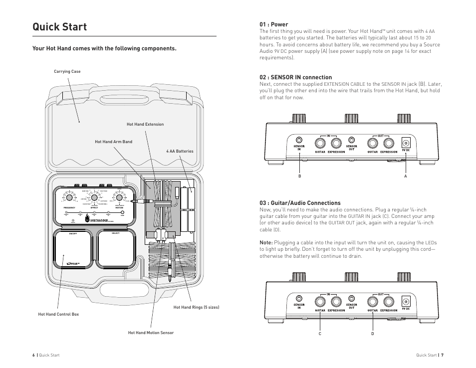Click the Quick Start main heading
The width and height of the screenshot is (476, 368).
pos(59,27)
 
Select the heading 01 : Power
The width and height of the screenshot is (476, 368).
pos(273,24)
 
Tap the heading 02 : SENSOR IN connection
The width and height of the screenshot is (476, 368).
pos(295,77)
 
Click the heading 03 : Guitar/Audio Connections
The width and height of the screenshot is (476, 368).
pos(300,203)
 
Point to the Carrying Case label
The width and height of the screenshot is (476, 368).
pos(67,72)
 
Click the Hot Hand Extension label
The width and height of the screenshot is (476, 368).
pos(145,124)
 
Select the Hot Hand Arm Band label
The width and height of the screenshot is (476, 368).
pos(113,142)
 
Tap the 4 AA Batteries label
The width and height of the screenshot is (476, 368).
pos(180,151)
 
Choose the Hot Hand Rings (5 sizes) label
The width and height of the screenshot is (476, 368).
pos(196,307)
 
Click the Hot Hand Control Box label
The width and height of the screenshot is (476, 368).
pos(58,314)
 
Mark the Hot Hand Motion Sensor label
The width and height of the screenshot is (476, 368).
pos(151,333)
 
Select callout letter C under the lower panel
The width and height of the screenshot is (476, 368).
pos(320,334)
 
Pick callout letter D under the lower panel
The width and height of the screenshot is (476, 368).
pos(372,334)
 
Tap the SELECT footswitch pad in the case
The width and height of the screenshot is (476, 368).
pos(116,249)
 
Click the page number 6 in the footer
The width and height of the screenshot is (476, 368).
pos(33,355)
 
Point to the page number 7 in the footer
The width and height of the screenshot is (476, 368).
pos(442,355)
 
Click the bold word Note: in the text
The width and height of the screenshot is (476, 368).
pos(266,242)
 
